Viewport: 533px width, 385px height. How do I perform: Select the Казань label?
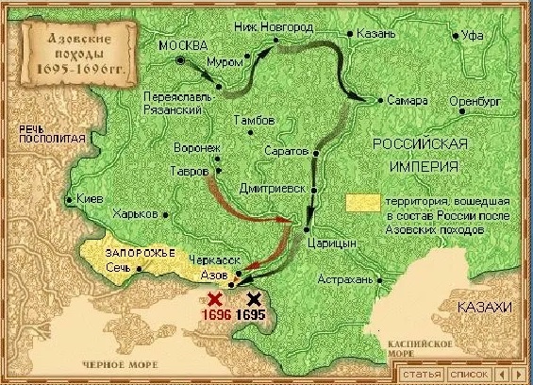pos(365,33)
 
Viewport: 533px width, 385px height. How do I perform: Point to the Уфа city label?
pos(475,36)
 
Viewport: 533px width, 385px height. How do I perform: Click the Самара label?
pos(408,100)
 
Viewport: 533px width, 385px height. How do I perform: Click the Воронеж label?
pos(196,148)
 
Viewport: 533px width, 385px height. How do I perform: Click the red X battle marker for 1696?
pos(215,298)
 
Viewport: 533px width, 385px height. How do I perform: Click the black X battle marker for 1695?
pos(252,298)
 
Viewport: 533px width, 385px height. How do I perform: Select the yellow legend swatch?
pos(358,202)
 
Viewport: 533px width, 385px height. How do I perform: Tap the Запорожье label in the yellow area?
pos(119,252)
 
